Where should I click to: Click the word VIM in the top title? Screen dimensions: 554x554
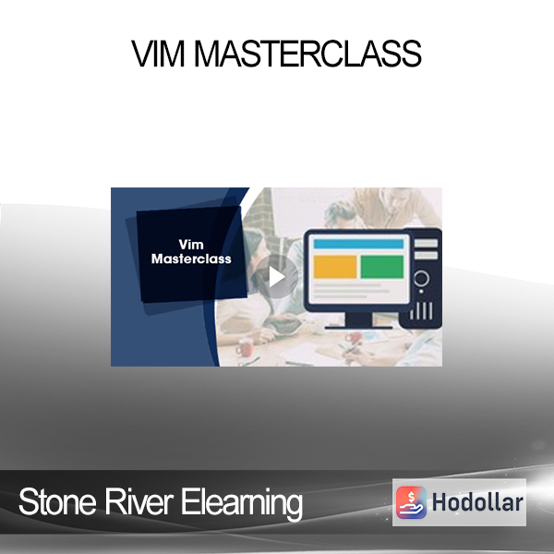158,54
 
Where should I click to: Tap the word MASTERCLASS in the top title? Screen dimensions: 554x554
307,54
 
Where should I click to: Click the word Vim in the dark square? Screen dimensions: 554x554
191,245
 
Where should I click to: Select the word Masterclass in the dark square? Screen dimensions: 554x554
191,259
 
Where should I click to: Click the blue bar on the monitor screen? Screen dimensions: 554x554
358,244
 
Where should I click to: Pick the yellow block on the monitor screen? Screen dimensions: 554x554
335,267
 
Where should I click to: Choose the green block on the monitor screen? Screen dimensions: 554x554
382,267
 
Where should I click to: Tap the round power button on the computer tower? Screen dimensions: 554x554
421,278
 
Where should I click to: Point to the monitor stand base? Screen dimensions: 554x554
358,327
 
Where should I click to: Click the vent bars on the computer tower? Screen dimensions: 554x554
421,310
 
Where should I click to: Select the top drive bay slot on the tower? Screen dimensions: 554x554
426,243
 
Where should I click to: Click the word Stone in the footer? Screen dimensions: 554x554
57,501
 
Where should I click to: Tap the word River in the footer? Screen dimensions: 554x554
138,501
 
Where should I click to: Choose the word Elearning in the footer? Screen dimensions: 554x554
242,503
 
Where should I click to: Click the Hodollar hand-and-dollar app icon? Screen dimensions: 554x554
411,502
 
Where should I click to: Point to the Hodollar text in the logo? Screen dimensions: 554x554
477,502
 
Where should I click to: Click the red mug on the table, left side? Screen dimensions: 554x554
245,347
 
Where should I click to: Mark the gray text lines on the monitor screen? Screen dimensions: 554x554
351,291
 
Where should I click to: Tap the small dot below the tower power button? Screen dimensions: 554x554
421,292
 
